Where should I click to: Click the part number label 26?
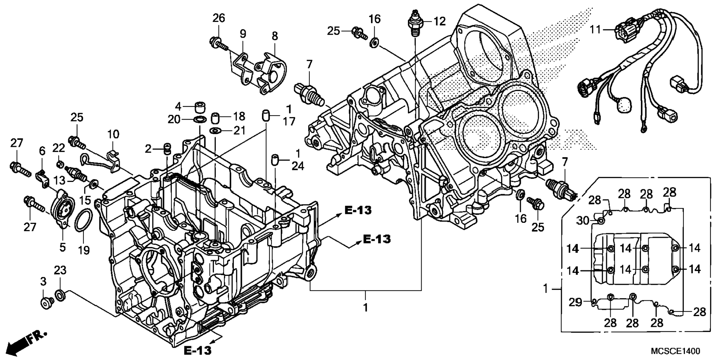[219, 18]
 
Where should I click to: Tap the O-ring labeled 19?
[83, 227]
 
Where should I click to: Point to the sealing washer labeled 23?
[60, 296]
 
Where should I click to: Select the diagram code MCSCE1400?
[676, 351]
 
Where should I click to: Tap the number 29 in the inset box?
[575, 302]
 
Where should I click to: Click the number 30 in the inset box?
[583, 221]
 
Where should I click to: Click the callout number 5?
[63, 247]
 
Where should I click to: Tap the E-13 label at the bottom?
[198, 350]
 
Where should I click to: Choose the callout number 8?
[275, 36]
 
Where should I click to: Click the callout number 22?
[59, 148]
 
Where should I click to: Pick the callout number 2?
[148, 149]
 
